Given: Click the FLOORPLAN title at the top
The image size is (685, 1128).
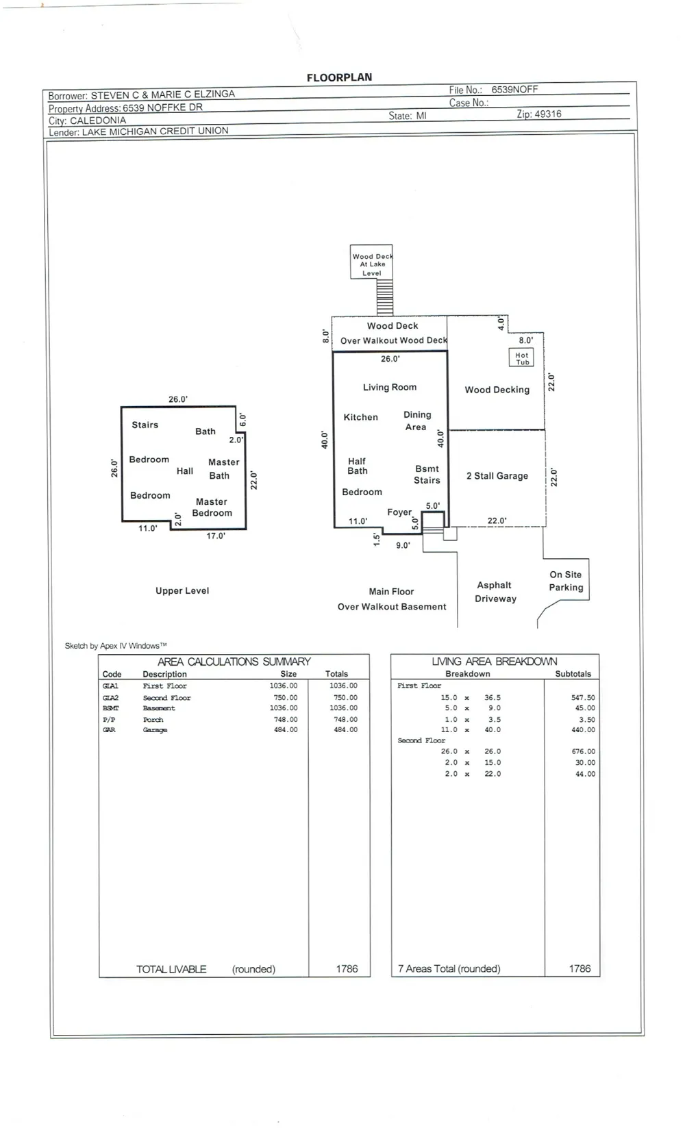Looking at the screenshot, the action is point(339,77).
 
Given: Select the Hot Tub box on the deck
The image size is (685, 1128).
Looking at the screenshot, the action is point(521,358).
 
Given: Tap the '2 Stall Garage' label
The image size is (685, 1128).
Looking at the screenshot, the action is point(497,476).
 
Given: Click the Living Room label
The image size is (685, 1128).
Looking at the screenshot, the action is point(390,387).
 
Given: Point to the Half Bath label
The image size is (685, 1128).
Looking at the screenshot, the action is point(357,466).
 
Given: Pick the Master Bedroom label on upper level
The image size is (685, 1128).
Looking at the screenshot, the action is point(212,507).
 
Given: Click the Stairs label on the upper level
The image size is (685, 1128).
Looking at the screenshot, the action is point(145,425).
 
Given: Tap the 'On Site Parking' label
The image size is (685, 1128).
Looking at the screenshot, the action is point(566,581).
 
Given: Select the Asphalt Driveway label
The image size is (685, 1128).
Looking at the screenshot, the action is point(496,592).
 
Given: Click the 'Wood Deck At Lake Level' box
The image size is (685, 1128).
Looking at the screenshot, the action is point(371,262).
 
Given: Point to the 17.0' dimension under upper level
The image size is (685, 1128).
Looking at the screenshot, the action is point(216,536).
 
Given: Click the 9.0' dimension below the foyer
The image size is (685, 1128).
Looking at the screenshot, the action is point(403,545).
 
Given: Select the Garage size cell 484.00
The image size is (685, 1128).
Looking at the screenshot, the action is point(286,729).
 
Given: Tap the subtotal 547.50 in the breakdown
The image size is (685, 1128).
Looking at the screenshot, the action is point(583,697).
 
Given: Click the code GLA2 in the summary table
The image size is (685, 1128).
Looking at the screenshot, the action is point(110,697).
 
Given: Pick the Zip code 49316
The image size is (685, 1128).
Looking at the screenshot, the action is point(548,114).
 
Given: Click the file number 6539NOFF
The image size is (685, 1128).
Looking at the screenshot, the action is point(514,90).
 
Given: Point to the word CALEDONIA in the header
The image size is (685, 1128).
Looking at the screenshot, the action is point(98,121).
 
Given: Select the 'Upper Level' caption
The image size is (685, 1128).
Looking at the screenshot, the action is point(182,590).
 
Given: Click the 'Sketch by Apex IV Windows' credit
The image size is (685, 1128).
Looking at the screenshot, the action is point(115,646).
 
